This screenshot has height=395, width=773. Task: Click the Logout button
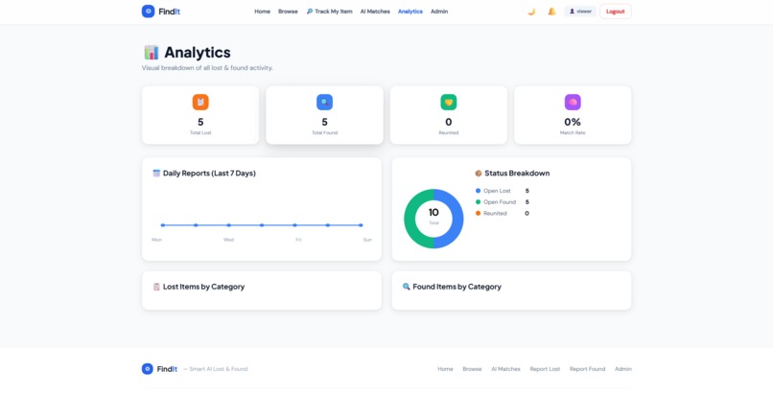pyautogui.click(x=615, y=12)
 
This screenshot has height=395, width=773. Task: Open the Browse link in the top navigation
pyautogui.click(x=288, y=12)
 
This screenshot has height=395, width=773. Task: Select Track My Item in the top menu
pyautogui.click(x=329, y=12)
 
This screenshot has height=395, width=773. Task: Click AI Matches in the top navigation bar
pyautogui.click(x=375, y=12)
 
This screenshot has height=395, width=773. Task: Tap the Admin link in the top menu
pyautogui.click(x=439, y=12)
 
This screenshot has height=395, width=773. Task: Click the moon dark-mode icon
pyautogui.click(x=531, y=12)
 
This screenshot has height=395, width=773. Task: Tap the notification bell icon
pyautogui.click(x=551, y=12)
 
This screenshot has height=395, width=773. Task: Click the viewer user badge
pyautogui.click(x=580, y=12)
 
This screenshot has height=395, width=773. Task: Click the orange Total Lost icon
pyautogui.click(x=200, y=102)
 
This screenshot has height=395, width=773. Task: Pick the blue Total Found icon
pyautogui.click(x=324, y=102)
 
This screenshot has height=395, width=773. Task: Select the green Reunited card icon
pyautogui.click(x=448, y=102)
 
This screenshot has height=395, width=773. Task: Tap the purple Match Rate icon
pyautogui.click(x=573, y=102)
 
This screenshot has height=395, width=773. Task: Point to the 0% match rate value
pyautogui.click(x=573, y=122)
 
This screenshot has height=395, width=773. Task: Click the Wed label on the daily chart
pyautogui.click(x=228, y=240)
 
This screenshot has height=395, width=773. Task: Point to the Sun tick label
pyautogui.click(x=366, y=240)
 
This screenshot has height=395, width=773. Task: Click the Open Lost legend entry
pyautogui.click(x=497, y=191)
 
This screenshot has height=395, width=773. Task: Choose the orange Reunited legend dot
pyautogui.click(x=478, y=213)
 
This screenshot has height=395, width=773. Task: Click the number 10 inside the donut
pyautogui.click(x=433, y=212)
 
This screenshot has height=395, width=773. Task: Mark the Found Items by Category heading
pyautogui.click(x=457, y=287)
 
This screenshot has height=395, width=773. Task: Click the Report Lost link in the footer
pyautogui.click(x=545, y=369)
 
